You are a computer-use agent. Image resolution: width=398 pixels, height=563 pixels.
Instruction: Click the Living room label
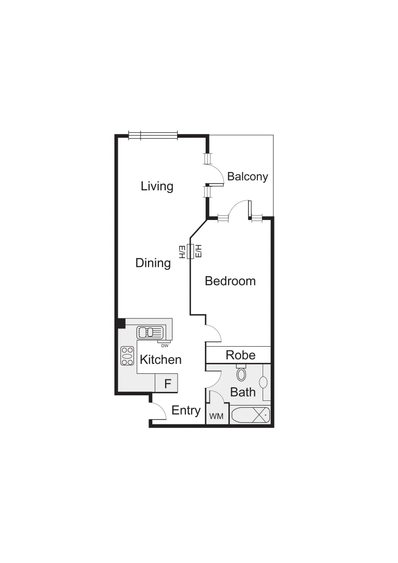click(x=157, y=186)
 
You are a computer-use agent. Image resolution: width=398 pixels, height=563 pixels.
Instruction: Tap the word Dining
click(x=153, y=263)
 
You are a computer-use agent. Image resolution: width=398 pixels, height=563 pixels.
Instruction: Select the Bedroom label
click(x=230, y=281)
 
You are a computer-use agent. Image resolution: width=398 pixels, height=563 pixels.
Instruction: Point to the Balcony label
click(x=247, y=176)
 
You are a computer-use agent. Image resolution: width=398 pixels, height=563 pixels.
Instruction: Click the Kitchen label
click(x=160, y=359)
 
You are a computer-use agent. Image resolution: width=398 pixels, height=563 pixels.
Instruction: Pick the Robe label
click(x=241, y=355)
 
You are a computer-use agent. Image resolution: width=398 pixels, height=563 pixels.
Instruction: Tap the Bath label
click(x=243, y=391)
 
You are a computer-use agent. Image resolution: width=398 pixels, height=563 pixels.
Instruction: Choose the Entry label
click(x=186, y=410)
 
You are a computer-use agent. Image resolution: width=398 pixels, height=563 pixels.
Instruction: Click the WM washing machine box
click(x=216, y=417)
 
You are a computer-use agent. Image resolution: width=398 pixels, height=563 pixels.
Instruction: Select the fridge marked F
click(x=167, y=384)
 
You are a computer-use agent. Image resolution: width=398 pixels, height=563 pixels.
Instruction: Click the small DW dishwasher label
click(x=164, y=346)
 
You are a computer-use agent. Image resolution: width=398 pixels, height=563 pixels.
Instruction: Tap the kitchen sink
click(x=151, y=332)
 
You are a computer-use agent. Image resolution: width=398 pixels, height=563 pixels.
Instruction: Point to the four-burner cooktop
click(x=127, y=356)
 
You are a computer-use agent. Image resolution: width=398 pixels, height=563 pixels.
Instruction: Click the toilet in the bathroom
click(x=241, y=373)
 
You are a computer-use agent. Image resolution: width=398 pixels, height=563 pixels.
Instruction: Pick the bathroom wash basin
click(x=264, y=383)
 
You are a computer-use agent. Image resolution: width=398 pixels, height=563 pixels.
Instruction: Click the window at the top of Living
click(x=153, y=136)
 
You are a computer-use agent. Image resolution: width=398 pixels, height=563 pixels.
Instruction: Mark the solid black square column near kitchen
click(x=120, y=323)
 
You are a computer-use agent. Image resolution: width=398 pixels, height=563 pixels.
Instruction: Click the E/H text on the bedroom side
click(x=198, y=251)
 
